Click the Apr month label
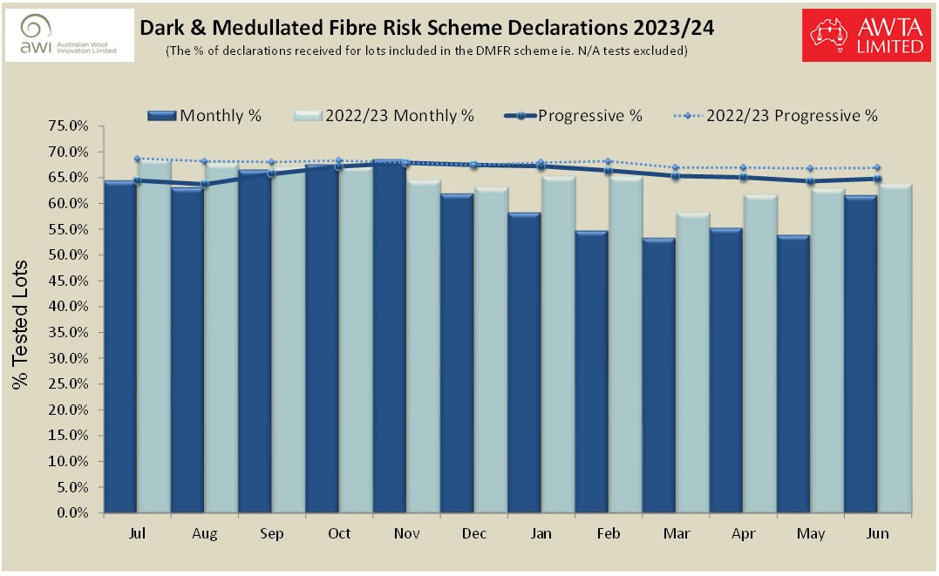click(743, 533)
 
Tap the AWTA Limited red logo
click(867, 35)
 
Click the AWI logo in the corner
click(70, 35)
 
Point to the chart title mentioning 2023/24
click(427, 28)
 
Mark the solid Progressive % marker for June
click(877, 179)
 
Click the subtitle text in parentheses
click(427, 51)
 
